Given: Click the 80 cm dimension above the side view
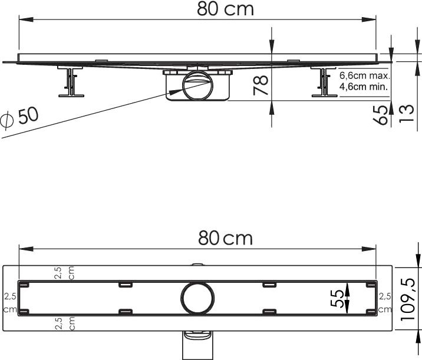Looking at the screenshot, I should (217, 9).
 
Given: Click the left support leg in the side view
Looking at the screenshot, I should (71, 82).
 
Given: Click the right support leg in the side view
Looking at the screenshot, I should (322, 83).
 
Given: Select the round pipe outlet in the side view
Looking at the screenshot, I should (196, 88).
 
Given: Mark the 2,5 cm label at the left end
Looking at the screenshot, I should (8, 302).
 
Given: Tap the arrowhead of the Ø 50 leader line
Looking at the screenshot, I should (171, 92).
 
